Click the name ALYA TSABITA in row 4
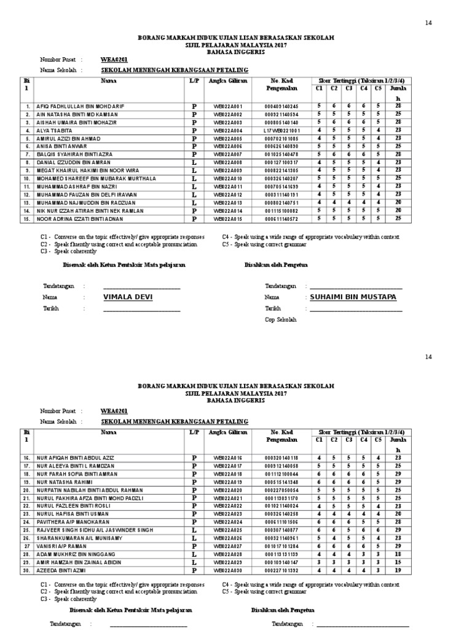click(55, 130)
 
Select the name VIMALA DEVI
click(127, 297)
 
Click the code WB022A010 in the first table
click(228, 178)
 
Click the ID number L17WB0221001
click(281, 130)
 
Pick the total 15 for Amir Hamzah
click(398, 562)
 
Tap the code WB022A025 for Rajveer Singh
click(228, 529)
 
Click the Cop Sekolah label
click(280, 320)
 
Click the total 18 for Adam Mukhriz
click(398, 554)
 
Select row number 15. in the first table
click(26, 218)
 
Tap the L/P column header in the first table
click(194, 81)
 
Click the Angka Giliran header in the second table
click(228, 433)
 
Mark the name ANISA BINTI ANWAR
click(61, 146)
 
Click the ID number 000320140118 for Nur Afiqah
click(281, 458)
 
